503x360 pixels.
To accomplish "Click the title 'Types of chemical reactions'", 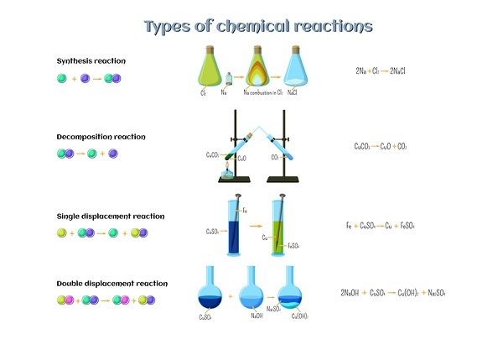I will (257, 26).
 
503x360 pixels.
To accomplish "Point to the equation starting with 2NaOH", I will (392, 292).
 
